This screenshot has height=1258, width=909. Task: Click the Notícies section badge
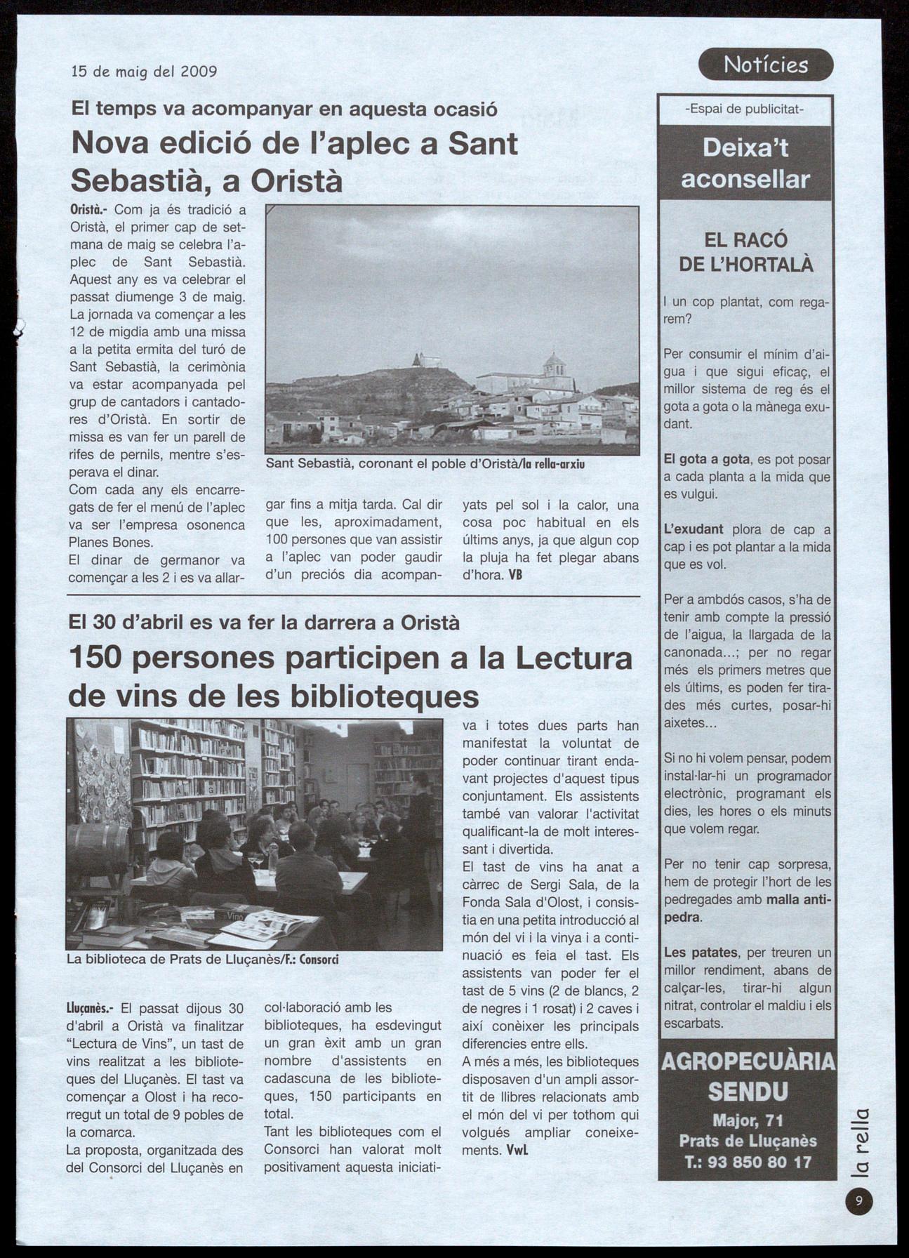point(766,65)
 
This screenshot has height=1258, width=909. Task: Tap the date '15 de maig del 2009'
point(144,72)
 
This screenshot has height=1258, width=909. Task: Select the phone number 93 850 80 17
point(748,1162)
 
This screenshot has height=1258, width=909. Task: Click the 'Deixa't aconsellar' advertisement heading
point(745,163)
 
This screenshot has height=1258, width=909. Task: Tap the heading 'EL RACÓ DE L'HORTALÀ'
point(745,252)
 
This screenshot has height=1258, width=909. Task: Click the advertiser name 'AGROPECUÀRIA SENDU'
point(748,1076)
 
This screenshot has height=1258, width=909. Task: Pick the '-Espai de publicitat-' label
point(745,109)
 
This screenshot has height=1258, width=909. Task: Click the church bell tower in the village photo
point(555,364)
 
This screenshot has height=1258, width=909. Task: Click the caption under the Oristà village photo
point(425,465)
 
